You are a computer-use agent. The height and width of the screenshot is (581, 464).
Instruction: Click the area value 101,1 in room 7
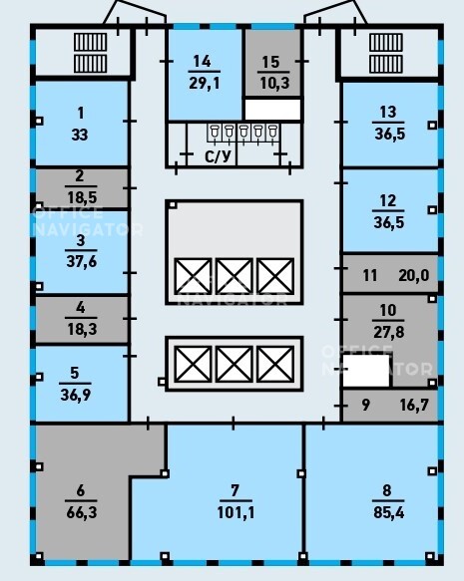(235, 513)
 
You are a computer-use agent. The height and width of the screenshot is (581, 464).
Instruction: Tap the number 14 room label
(203, 62)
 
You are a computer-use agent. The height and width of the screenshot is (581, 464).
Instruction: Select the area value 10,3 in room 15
(274, 83)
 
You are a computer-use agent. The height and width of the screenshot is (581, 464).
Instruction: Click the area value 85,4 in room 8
(389, 513)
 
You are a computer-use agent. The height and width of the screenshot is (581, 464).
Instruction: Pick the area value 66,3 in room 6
(82, 513)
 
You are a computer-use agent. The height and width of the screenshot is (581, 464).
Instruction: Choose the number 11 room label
(370, 275)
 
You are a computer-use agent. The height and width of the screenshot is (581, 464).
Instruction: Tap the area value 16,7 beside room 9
(414, 405)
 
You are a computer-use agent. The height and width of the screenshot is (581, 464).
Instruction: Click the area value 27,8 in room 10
(389, 332)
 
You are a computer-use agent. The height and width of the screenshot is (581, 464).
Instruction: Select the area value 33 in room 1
(80, 135)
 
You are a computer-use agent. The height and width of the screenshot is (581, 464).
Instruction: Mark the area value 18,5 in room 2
(82, 197)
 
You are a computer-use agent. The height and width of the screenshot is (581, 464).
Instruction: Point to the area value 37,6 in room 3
(82, 261)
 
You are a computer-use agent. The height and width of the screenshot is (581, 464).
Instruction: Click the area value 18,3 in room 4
(82, 329)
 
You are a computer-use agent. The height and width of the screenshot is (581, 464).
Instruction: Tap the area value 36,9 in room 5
(75, 395)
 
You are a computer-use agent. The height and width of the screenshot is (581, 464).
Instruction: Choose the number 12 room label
(388, 201)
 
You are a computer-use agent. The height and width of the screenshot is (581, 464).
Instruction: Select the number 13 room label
(388, 112)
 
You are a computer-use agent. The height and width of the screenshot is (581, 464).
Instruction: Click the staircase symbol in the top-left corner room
(91, 53)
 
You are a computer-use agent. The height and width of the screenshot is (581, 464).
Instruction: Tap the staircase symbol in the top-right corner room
(386, 53)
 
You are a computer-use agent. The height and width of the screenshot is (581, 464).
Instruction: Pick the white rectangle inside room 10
(366, 371)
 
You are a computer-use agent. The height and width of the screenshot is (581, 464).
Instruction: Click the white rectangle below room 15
(272, 110)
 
